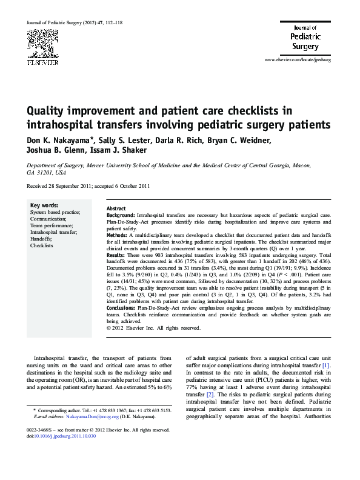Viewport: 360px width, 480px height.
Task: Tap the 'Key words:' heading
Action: (x=44, y=205)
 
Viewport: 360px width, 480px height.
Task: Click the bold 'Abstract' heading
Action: (x=116, y=208)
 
